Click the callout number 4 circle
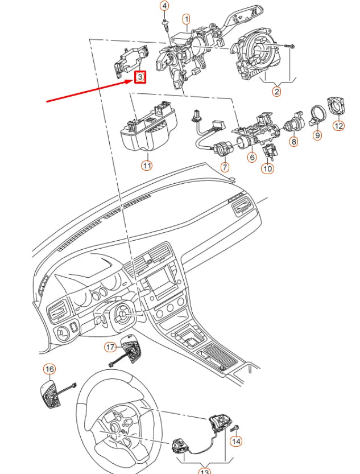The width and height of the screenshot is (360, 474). coord(164,6)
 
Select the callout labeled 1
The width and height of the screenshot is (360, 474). coord(187,19)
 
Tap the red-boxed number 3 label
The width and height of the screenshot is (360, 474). coord(140,77)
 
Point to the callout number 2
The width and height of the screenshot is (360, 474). coord(276,90)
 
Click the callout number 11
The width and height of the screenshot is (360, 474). coord(147,166)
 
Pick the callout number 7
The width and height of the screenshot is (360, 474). coord(225,167)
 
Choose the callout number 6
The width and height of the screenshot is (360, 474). coord(251,157)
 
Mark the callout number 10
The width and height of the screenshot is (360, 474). coord(267,168)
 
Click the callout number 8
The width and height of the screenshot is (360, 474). coord(293,142)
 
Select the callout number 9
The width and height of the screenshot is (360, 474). coord(317,135)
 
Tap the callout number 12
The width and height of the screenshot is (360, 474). coord(338,126)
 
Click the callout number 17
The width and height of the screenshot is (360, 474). coord(111,347)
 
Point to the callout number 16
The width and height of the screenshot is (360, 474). coord(49,369)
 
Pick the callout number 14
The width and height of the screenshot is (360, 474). coord(236,441)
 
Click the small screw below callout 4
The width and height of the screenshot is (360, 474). coord(164,24)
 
